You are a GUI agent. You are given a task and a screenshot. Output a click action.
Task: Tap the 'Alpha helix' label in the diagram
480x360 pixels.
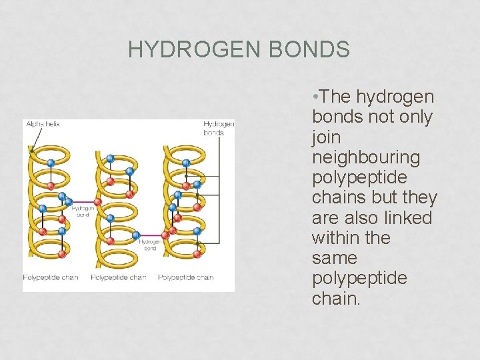click(x=42, y=123)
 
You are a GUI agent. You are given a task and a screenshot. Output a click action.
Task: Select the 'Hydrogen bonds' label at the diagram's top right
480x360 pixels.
click(x=219, y=128)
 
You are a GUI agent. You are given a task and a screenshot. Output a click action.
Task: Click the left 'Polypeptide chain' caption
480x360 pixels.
click(x=51, y=277)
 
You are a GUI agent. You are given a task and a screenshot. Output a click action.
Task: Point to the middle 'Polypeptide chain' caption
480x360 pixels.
click(x=119, y=277)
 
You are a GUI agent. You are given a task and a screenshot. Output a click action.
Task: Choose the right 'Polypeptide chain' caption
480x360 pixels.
click(x=186, y=277)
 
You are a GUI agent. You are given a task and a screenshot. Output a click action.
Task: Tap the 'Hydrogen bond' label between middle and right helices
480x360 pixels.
click(x=149, y=245)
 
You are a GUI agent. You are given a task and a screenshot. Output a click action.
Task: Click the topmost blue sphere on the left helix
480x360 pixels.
click(x=50, y=162)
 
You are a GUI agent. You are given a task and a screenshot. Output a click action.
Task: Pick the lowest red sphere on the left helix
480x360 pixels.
click(x=61, y=253)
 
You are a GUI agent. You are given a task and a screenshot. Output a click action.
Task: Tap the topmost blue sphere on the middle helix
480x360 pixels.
click(x=110, y=159)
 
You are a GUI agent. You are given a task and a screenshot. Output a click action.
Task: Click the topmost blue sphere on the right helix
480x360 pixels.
click(x=186, y=163)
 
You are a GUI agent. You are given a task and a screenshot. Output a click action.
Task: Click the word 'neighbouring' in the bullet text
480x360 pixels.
click(x=366, y=158)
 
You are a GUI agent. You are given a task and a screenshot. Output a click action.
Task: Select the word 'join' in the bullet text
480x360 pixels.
click(x=326, y=138)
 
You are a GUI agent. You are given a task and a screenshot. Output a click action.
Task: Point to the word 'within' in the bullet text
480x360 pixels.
click(x=337, y=238)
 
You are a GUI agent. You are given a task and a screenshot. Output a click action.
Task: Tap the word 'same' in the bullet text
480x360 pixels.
click(x=335, y=258)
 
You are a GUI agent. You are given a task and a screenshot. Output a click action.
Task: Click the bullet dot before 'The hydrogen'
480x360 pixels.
click(x=315, y=97)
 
